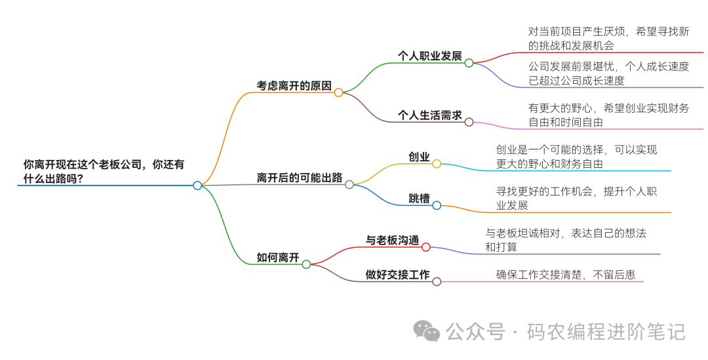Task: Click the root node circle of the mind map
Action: [x=197, y=186]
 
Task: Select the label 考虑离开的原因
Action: [x=294, y=86]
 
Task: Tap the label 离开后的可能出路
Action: [x=299, y=178]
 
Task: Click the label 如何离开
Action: [x=277, y=258]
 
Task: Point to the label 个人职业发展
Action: [x=429, y=56]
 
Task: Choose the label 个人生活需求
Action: [x=429, y=115]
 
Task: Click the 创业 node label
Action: [x=419, y=157]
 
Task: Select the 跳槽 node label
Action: [x=419, y=198]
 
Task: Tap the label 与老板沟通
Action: [x=392, y=240]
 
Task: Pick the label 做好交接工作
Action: [x=397, y=275]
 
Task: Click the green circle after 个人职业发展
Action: [x=469, y=63]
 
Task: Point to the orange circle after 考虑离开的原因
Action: [x=338, y=92]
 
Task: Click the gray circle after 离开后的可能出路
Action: [x=349, y=185]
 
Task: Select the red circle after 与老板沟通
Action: [x=425, y=247]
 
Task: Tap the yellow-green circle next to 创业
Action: [x=437, y=164]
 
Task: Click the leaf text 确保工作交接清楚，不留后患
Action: [x=565, y=275]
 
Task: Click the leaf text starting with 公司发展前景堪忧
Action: [x=608, y=73]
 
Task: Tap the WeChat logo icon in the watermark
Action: [x=427, y=331]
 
